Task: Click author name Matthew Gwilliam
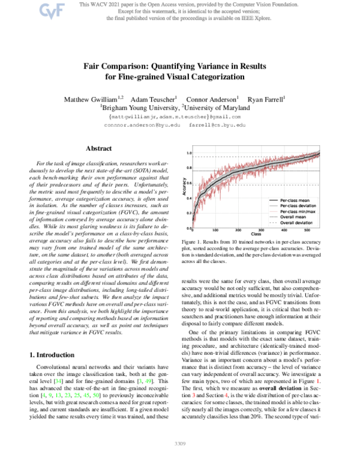click(x=91, y=98)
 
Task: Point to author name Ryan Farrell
click(x=267, y=98)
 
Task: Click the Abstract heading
click(x=98, y=148)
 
